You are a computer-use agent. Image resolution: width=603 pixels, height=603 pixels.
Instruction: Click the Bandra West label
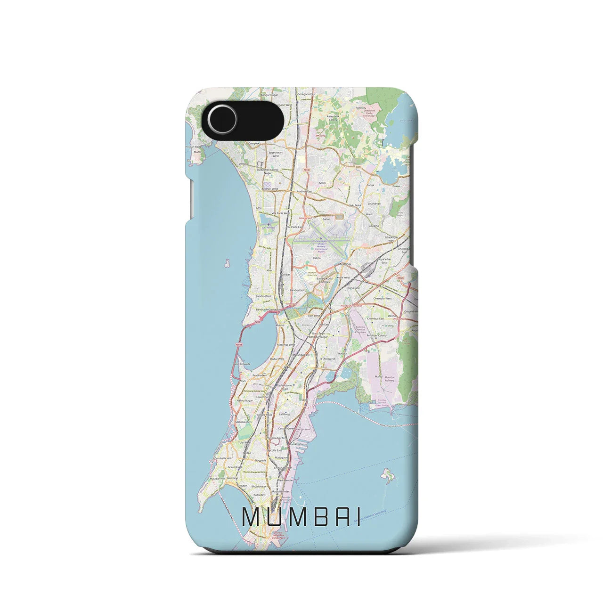(262, 296)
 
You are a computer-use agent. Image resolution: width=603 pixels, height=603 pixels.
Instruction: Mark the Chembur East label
(376, 318)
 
